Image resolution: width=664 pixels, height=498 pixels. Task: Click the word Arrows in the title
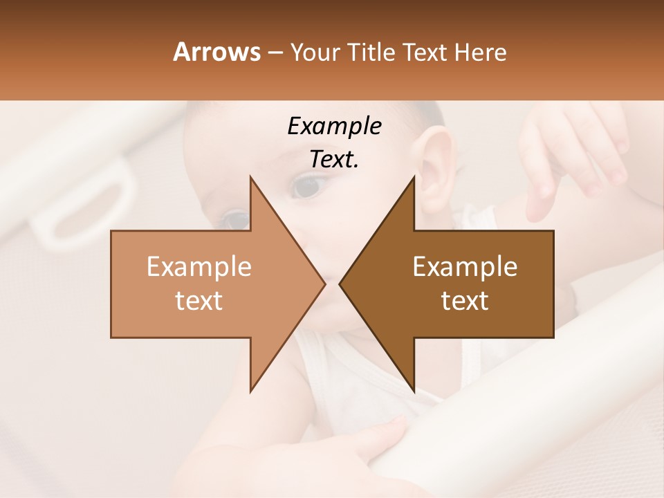216,52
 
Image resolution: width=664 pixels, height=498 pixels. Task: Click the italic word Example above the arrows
334,126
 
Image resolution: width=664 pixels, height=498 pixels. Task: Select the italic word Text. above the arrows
334,159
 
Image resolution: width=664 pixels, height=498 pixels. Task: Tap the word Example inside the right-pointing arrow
199,266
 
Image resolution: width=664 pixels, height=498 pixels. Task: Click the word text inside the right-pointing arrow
199,300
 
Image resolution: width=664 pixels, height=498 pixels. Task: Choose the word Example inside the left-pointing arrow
465,266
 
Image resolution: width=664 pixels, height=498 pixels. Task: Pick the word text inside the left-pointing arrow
465,300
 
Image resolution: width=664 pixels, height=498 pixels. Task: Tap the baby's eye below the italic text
306,185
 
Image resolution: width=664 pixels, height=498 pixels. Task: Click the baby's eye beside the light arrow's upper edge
235,220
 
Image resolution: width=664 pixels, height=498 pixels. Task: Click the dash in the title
275,53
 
